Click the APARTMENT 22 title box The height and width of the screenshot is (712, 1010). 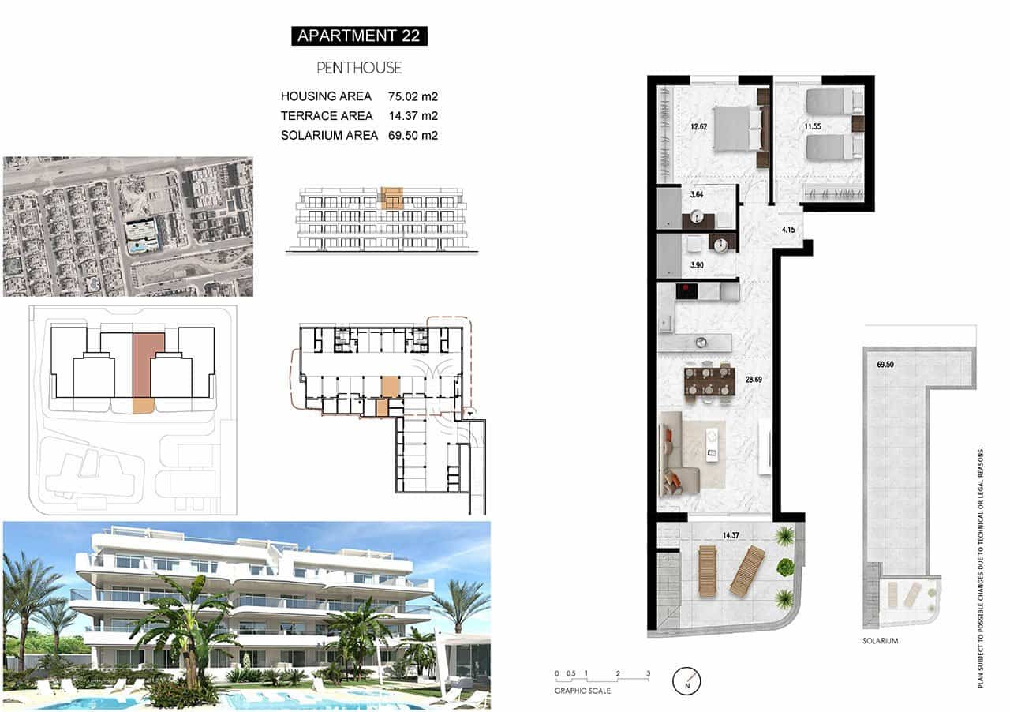point(359,36)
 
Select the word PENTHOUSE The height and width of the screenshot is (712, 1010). point(359,68)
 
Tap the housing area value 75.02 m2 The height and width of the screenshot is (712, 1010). point(413,97)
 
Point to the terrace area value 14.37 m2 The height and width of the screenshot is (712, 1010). point(413,116)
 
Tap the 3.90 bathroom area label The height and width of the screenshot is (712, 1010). point(697,265)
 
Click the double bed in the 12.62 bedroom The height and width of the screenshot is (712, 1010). point(738,127)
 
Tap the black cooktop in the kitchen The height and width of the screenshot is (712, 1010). point(688,291)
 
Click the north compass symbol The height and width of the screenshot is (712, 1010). point(687,680)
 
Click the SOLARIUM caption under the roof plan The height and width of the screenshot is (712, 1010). point(880,641)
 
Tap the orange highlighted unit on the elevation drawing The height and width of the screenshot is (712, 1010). point(392,197)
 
